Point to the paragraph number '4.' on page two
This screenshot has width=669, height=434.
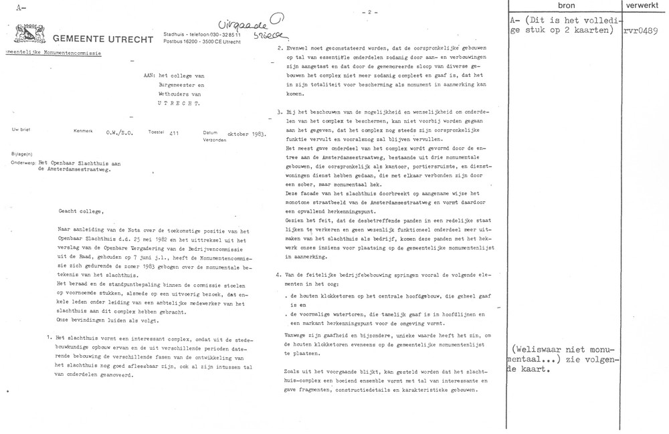[279, 274]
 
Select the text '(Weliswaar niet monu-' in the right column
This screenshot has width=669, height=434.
[566, 348]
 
